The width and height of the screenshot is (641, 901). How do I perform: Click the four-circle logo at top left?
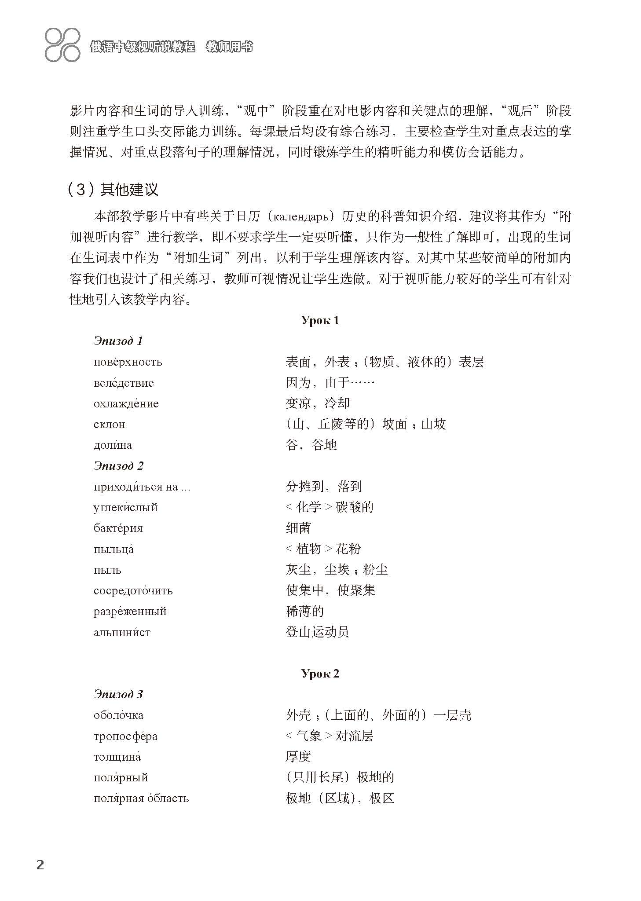(x=62, y=44)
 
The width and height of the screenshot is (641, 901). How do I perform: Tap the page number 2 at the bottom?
(x=40, y=864)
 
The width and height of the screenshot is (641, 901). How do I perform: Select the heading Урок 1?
(x=320, y=320)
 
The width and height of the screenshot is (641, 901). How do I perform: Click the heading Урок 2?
(x=320, y=674)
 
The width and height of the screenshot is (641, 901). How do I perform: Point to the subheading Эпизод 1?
(x=118, y=341)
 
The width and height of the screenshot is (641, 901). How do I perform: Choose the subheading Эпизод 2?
(x=118, y=465)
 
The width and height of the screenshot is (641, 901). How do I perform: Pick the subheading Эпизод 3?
(x=118, y=694)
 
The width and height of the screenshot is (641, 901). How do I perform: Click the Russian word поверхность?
(x=128, y=362)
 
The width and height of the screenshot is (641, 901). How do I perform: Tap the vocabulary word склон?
(x=109, y=425)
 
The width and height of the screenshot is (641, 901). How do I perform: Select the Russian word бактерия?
(x=118, y=528)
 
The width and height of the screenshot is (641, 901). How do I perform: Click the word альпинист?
(x=122, y=632)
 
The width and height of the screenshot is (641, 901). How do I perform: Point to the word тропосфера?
(x=125, y=736)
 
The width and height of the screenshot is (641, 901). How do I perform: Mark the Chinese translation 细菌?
(x=298, y=528)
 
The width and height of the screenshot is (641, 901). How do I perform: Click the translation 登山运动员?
(x=317, y=632)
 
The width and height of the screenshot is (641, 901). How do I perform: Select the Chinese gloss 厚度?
(x=298, y=757)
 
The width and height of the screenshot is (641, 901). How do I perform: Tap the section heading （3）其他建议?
(x=113, y=190)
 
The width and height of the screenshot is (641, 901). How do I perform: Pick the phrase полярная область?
(x=141, y=798)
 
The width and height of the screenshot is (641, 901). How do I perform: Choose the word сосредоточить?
(x=133, y=590)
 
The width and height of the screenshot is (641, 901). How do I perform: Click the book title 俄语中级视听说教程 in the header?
(x=143, y=47)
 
